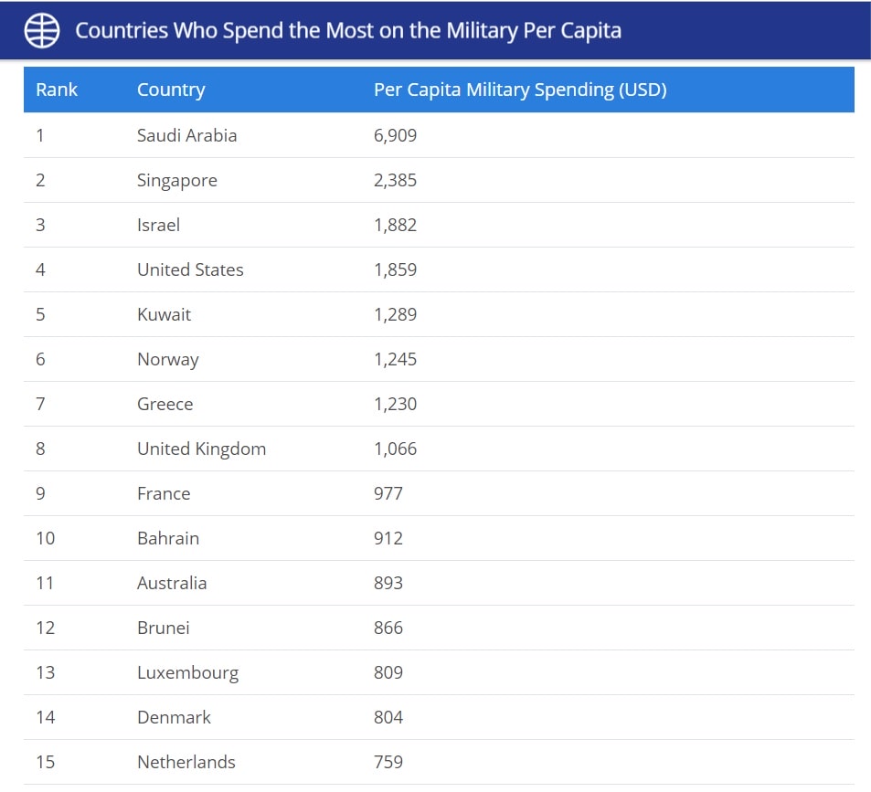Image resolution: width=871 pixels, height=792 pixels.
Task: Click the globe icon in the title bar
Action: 42,30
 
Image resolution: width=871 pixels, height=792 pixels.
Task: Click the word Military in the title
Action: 481,30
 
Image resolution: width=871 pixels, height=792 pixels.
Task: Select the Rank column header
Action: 57,90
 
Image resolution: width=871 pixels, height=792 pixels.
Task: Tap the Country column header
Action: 171,90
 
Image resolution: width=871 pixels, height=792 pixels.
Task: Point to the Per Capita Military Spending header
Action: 520,90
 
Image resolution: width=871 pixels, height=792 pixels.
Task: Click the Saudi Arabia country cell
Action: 186,135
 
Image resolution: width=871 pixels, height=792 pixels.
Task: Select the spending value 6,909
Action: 395,135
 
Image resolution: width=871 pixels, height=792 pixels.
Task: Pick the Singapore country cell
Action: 177,180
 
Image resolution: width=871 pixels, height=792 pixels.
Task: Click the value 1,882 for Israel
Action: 395,225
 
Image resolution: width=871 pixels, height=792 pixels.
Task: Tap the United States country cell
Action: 190,269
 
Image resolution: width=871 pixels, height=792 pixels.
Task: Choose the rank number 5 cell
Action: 40,314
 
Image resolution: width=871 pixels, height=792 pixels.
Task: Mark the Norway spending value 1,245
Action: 395,359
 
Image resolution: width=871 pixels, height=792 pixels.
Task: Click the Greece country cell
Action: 165,404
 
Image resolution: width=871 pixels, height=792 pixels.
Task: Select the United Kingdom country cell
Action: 201,449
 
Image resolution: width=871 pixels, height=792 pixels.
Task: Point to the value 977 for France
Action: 388,493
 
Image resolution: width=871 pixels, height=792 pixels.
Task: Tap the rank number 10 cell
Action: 45,538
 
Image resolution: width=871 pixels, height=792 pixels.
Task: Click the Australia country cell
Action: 172,583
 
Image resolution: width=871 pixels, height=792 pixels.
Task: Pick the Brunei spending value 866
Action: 388,628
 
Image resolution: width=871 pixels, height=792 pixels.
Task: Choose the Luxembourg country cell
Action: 187,672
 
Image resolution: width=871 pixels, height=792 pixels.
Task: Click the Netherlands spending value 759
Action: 388,762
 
